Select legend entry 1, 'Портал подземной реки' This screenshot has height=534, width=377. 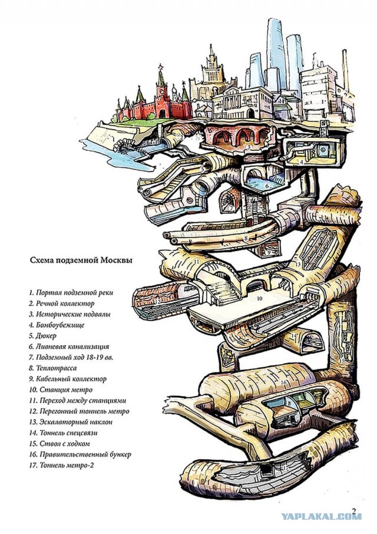(x=70, y=293)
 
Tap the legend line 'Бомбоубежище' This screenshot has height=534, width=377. (x=57, y=325)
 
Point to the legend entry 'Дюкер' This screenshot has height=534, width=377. (x=43, y=336)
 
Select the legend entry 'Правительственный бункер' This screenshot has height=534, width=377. (x=80, y=454)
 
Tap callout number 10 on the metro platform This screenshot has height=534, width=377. (x=258, y=299)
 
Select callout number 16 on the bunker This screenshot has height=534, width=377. (x=283, y=383)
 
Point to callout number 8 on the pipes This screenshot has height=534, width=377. (x=246, y=238)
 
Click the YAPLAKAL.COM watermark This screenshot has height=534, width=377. (x=320, y=516)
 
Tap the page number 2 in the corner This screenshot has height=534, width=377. (x=354, y=510)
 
